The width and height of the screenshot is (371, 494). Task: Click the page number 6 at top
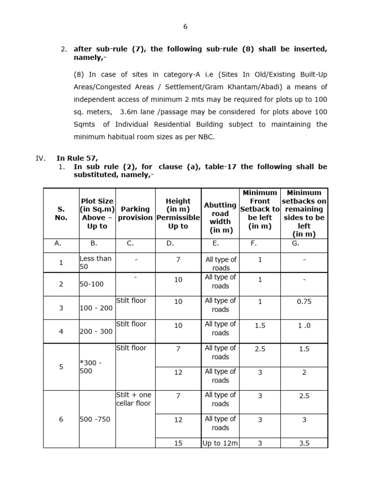pos(185,27)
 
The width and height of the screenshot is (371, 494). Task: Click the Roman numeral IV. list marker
pos(41,158)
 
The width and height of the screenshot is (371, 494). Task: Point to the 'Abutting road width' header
pos(220,218)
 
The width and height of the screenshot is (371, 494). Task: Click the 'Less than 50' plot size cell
pos(96,262)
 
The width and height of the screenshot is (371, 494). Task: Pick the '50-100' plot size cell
pos(92,284)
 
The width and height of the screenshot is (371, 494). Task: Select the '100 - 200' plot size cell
pos(96,308)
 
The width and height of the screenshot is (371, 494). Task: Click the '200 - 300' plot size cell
pos(96,331)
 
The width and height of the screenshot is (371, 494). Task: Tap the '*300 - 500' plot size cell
pos(91,367)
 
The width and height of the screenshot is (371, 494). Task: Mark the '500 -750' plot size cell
pos(95,419)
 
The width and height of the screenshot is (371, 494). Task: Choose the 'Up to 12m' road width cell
pos(220,443)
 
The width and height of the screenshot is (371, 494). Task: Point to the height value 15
pos(178,443)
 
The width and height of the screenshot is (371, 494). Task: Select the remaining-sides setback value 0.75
pos(304,301)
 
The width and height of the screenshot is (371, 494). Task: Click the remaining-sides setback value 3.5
pos(304,443)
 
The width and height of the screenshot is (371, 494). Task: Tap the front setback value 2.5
pos(260,349)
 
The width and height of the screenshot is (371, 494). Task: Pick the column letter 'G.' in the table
pos(296,244)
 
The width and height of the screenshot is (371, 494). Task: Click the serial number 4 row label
pos(61,331)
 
